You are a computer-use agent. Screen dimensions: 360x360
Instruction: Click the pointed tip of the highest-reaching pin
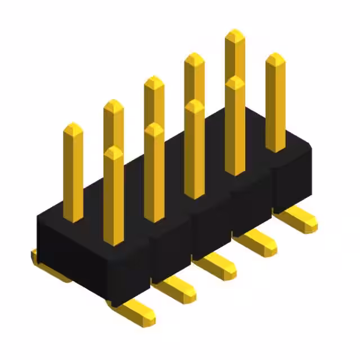(235, 35)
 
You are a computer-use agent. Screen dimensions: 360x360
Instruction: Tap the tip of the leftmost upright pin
(73, 128)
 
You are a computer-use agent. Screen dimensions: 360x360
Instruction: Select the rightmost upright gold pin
(275, 101)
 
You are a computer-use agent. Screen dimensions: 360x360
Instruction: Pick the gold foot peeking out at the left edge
(35, 258)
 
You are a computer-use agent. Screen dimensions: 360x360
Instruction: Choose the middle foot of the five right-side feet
(217, 265)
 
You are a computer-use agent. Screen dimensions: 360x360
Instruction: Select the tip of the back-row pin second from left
(113, 105)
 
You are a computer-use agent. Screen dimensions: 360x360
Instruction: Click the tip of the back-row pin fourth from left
(194, 58)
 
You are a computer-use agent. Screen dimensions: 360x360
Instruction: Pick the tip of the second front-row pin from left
(154, 129)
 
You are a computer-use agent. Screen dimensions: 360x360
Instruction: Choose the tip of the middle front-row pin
(194, 106)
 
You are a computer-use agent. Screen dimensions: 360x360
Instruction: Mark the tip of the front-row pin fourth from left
(235, 82)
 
